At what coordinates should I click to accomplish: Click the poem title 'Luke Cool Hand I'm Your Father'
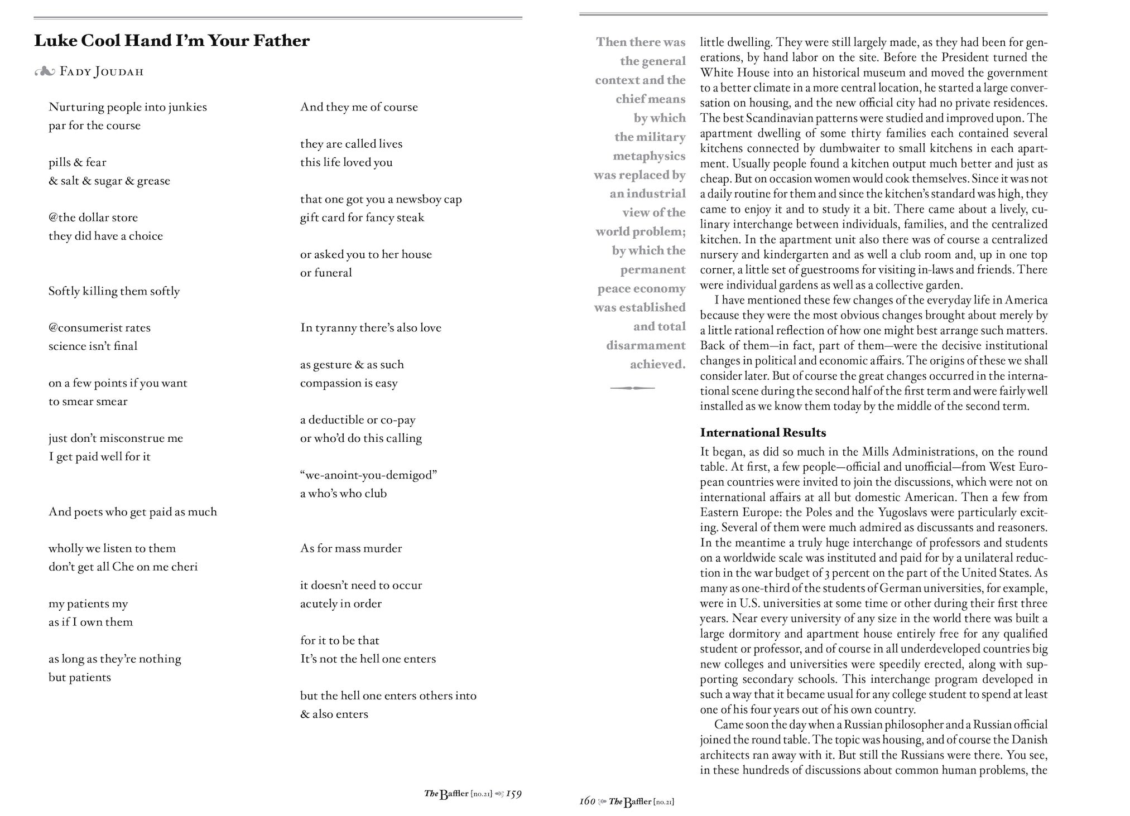[172, 41]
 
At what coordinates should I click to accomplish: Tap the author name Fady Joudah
[102, 72]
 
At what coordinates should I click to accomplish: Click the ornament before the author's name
[44, 72]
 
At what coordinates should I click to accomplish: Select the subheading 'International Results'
[763, 433]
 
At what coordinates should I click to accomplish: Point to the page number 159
[514, 794]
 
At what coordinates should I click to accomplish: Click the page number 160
[587, 801]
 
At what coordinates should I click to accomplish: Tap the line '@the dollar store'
[93, 218]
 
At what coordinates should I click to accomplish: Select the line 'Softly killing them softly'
[114, 291]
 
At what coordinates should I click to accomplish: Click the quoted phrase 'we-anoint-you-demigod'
[368, 475]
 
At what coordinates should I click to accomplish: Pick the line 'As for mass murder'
[351, 548]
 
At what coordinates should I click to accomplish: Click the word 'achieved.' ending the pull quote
[657, 364]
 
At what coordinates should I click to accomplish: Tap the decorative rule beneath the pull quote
[632, 388]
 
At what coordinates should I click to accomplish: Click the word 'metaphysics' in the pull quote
[649, 156]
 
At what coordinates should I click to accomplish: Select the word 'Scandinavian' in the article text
[780, 118]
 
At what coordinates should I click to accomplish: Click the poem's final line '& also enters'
[334, 714]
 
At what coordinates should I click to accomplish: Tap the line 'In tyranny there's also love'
[371, 328]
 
